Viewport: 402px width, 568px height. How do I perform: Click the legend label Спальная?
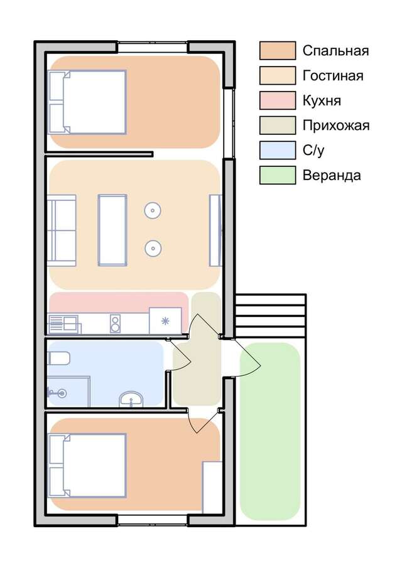point(335,51)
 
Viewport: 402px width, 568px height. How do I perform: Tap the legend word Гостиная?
point(333,76)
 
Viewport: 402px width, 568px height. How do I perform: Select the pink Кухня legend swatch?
point(278,100)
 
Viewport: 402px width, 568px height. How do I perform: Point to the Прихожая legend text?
point(336,126)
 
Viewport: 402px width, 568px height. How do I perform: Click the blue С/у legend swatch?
point(278,150)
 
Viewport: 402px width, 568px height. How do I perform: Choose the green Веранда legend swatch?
point(278,175)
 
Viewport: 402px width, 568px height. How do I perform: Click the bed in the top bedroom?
point(87,102)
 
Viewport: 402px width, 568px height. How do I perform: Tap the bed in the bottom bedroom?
point(87,466)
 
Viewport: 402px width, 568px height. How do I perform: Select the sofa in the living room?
point(62,230)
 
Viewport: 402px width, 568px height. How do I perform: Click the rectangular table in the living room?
point(112,230)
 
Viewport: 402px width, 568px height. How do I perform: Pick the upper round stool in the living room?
point(153,210)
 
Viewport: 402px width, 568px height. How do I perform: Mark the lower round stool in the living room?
point(153,248)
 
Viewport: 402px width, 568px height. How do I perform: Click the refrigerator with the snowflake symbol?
point(165,321)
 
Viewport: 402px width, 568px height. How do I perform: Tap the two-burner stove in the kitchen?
point(116,323)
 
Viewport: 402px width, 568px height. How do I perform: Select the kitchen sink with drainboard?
point(64,323)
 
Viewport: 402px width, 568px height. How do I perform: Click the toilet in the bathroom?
point(58,358)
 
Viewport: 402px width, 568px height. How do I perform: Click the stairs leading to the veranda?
point(269,316)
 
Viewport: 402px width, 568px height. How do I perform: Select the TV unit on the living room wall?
point(215,230)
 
